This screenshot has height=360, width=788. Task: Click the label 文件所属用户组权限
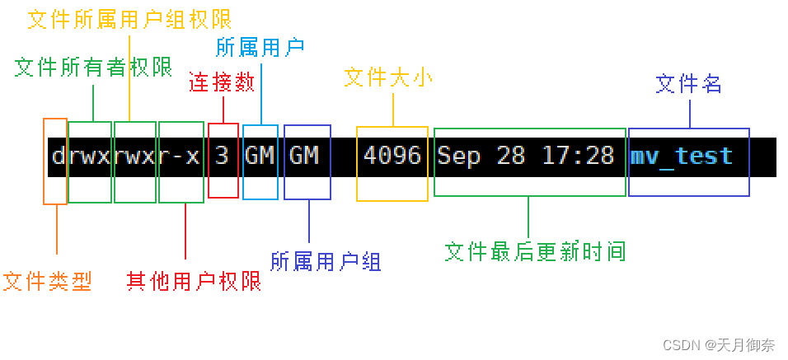[x=129, y=19]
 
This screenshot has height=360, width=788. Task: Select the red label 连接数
[x=222, y=82]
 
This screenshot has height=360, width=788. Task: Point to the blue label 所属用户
[x=261, y=48]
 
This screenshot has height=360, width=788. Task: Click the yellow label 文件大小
[x=388, y=78]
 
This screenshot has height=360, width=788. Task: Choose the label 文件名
[x=688, y=83]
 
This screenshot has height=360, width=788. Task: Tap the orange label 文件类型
[x=47, y=282]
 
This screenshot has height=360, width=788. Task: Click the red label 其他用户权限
[x=194, y=282]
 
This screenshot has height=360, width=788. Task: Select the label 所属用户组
[x=326, y=262]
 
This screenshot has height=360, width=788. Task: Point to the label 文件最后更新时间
[x=535, y=252]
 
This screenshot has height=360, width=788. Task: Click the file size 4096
[x=392, y=156]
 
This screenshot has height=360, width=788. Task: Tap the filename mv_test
[x=682, y=156]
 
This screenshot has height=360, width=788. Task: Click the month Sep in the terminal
[x=459, y=156]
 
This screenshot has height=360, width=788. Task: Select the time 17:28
[x=579, y=156]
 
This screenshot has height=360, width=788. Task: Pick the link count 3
[x=223, y=156]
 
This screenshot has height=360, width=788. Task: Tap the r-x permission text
[x=180, y=156]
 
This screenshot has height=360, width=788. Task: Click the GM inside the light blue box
[x=260, y=156]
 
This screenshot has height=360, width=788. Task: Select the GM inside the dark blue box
[x=304, y=156]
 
